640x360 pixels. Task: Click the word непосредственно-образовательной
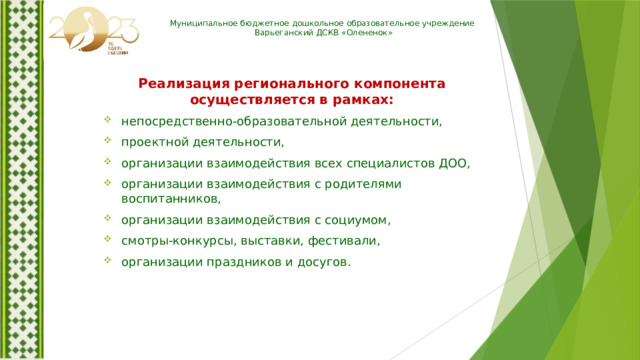pyautogui.click(x=230, y=121)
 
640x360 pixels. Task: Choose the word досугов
pyautogui.click(x=319, y=262)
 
